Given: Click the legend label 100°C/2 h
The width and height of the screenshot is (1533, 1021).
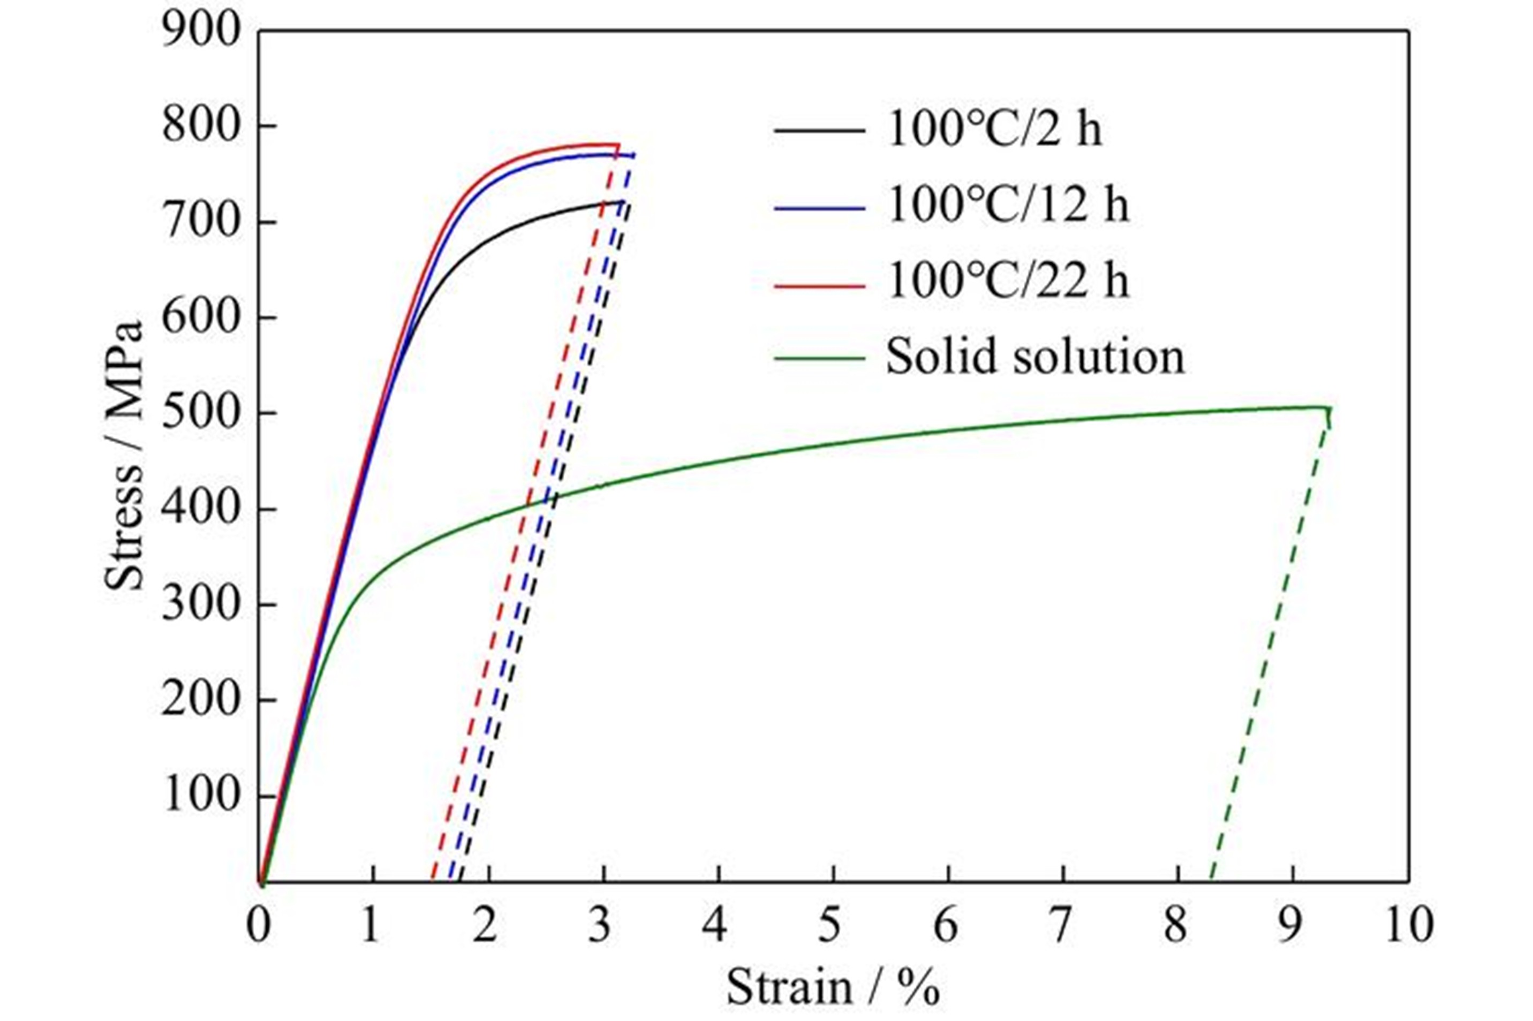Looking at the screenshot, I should (994, 130).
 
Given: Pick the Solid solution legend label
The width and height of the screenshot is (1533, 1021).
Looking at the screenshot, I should (1035, 358).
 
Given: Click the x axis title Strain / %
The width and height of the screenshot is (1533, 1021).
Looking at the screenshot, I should (833, 988).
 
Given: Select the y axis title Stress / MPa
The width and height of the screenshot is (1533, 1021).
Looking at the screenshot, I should (123, 456).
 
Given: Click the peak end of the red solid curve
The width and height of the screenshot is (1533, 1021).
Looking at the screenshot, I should (618, 145).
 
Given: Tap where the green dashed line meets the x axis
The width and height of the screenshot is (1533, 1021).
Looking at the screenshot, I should (1211, 881).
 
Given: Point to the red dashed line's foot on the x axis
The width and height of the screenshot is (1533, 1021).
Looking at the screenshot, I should (433, 881).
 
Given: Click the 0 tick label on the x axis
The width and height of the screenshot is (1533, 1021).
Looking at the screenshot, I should (259, 927).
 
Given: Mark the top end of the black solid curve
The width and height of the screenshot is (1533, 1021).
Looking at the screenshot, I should (624, 201).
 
